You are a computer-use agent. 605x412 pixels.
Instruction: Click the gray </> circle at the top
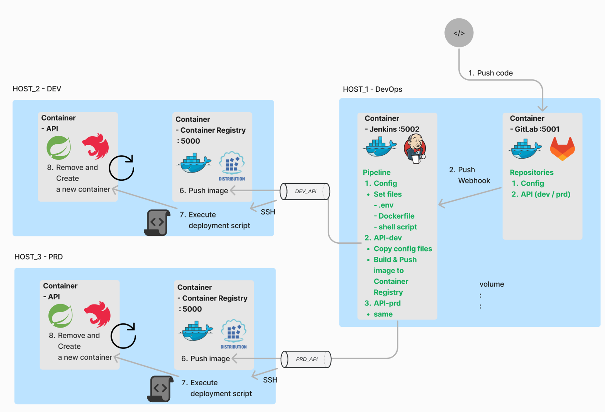(x=459, y=33)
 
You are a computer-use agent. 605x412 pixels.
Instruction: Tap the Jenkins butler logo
(x=415, y=149)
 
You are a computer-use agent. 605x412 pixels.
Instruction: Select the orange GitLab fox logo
(x=562, y=149)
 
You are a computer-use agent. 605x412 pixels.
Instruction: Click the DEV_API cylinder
(x=305, y=191)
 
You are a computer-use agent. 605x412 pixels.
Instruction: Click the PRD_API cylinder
(x=306, y=359)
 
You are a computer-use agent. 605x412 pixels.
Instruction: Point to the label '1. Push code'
(x=490, y=73)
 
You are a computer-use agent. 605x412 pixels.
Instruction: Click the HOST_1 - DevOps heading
(x=372, y=89)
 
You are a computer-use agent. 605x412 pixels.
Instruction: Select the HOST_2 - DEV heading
(x=37, y=89)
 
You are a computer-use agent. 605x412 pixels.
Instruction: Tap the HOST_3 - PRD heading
(x=38, y=257)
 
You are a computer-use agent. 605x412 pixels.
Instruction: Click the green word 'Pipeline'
(x=377, y=172)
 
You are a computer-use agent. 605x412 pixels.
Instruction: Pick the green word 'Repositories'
(x=531, y=172)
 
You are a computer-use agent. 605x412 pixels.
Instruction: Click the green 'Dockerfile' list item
(x=396, y=216)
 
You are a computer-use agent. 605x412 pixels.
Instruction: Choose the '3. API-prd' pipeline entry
(x=383, y=303)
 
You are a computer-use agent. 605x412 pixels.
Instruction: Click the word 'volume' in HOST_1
(x=492, y=284)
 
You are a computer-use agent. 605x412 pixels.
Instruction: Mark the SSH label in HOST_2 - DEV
(x=268, y=212)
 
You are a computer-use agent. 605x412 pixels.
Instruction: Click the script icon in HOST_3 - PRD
(x=160, y=389)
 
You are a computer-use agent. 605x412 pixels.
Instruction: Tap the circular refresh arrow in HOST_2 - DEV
(x=122, y=168)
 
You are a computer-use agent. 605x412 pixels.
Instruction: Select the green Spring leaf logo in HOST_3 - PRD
(x=60, y=316)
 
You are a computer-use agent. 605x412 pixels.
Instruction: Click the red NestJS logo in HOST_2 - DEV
(x=96, y=146)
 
